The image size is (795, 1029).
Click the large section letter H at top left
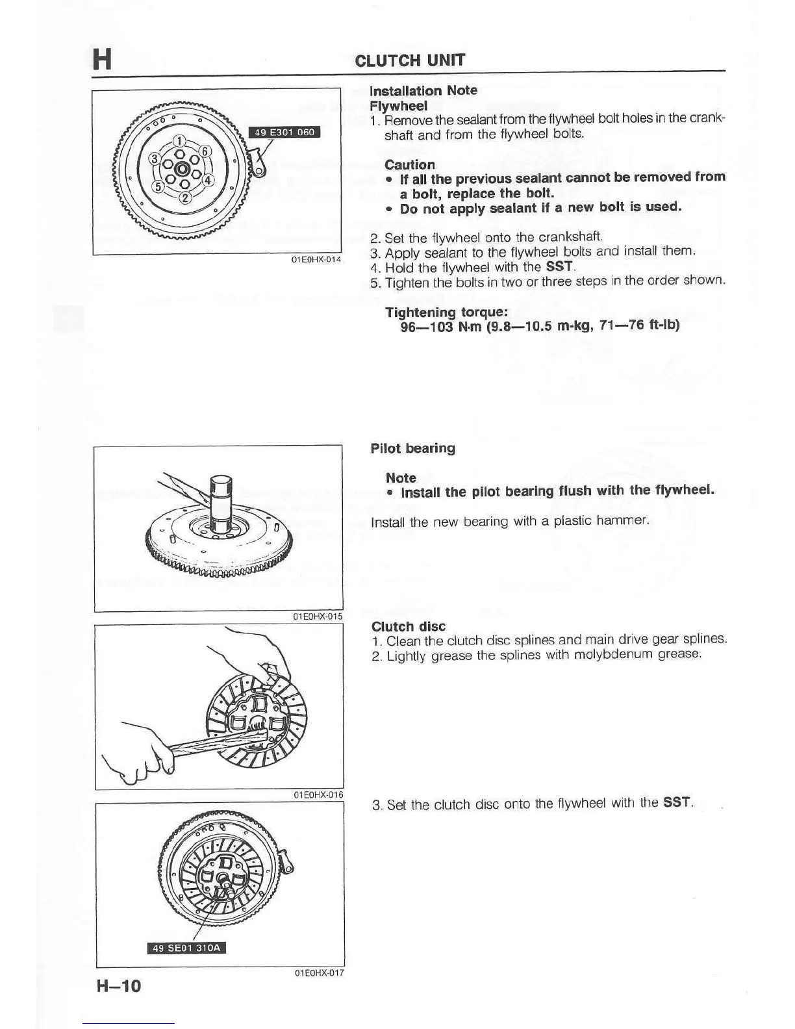(x=101, y=58)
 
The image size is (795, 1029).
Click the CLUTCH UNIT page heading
(x=410, y=60)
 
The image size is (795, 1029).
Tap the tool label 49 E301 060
(x=284, y=133)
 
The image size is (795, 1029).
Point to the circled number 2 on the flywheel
(x=184, y=198)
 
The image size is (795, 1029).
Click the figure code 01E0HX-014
(x=316, y=260)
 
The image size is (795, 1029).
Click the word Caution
(x=409, y=164)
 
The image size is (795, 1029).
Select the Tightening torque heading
(x=446, y=312)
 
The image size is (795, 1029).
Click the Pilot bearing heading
(x=412, y=448)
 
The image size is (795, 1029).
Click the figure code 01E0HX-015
(x=318, y=616)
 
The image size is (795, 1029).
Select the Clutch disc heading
(x=408, y=626)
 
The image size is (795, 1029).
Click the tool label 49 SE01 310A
(x=187, y=948)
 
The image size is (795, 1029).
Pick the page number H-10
(x=118, y=986)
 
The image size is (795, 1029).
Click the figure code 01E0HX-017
(x=318, y=973)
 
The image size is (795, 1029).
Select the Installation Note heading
(x=423, y=90)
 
